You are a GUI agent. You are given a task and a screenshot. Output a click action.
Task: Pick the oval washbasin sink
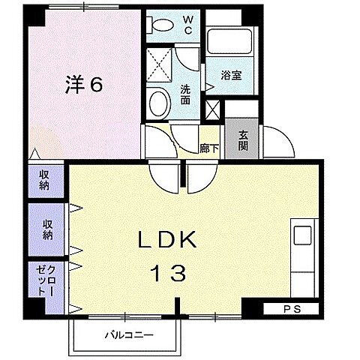pyautogui.click(x=158, y=102)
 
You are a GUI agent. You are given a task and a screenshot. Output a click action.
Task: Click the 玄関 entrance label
pyautogui.click(x=244, y=139)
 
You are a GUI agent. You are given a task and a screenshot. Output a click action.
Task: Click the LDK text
pyautogui.click(x=166, y=241)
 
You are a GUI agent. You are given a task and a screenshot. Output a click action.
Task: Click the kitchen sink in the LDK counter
pyautogui.click(x=302, y=235)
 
